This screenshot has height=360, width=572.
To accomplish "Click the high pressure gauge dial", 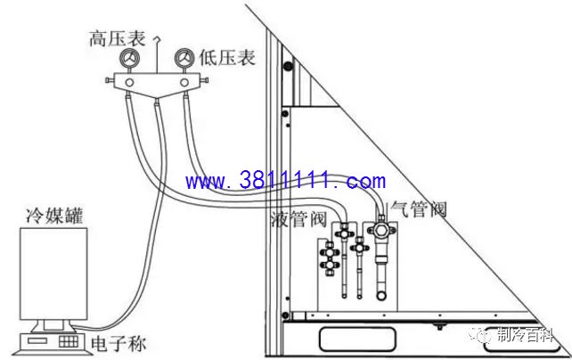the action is (129, 58).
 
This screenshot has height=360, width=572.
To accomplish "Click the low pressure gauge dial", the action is (184, 58).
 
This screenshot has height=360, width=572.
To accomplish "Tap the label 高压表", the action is (118, 38).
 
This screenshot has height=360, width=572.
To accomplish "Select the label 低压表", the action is (227, 58).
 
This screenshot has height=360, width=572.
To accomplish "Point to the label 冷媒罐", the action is (54, 216).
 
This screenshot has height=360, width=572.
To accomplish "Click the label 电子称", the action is (118, 344).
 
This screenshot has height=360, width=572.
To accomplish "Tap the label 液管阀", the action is (298, 219).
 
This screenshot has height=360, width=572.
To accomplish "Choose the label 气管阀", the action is (419, 209).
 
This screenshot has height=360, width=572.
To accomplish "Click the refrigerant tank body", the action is (53, 274).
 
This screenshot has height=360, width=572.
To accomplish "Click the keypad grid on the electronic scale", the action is (69, 341).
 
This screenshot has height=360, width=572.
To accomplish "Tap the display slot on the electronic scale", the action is (37, 341).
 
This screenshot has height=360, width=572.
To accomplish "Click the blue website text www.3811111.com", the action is (285, 181).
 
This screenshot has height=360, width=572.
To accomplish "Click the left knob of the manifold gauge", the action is (110, 80).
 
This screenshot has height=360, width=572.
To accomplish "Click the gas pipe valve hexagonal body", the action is (381, 230).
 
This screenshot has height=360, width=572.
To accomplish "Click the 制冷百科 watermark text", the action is (526, 335).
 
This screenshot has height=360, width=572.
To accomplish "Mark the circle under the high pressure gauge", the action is (129, 83).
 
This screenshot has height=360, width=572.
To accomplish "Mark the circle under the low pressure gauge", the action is (184, 83).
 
